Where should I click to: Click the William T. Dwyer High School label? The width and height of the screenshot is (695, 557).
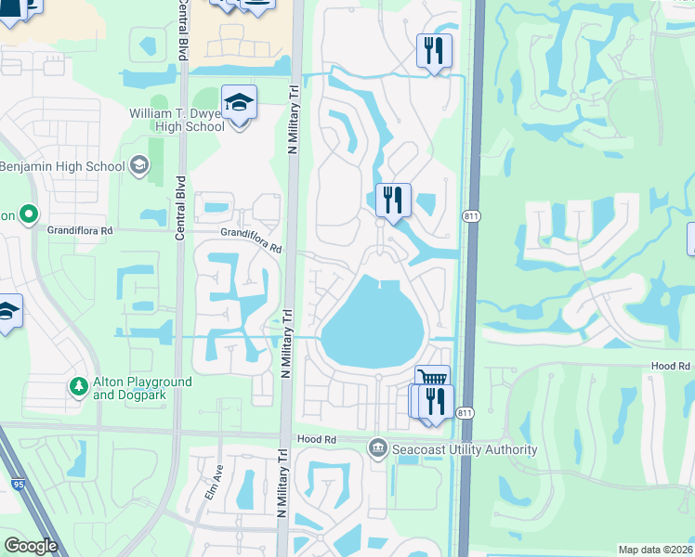tap(177, 120)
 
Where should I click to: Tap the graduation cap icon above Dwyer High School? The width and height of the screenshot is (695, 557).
tap(239, 103)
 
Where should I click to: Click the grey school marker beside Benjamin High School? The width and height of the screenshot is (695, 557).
tap(139, 166)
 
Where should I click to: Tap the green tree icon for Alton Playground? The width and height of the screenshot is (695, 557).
tap(79, 384)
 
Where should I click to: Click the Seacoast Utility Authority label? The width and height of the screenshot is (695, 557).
tap(465, 449)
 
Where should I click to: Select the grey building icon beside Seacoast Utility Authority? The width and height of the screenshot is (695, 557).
tap(377, 449)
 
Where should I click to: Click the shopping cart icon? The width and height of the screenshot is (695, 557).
tap(432, 379)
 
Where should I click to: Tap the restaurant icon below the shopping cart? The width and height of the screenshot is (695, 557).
tap(434, 402)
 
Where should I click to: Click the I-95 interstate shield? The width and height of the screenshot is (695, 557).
tap(17, 485)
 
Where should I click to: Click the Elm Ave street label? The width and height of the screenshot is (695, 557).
tap(213, 481)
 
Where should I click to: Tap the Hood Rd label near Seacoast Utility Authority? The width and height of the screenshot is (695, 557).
tap(315, 438)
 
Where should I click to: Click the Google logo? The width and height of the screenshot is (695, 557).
tap(30, 545)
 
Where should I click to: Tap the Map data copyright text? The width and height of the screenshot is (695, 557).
tap(654, 550)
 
